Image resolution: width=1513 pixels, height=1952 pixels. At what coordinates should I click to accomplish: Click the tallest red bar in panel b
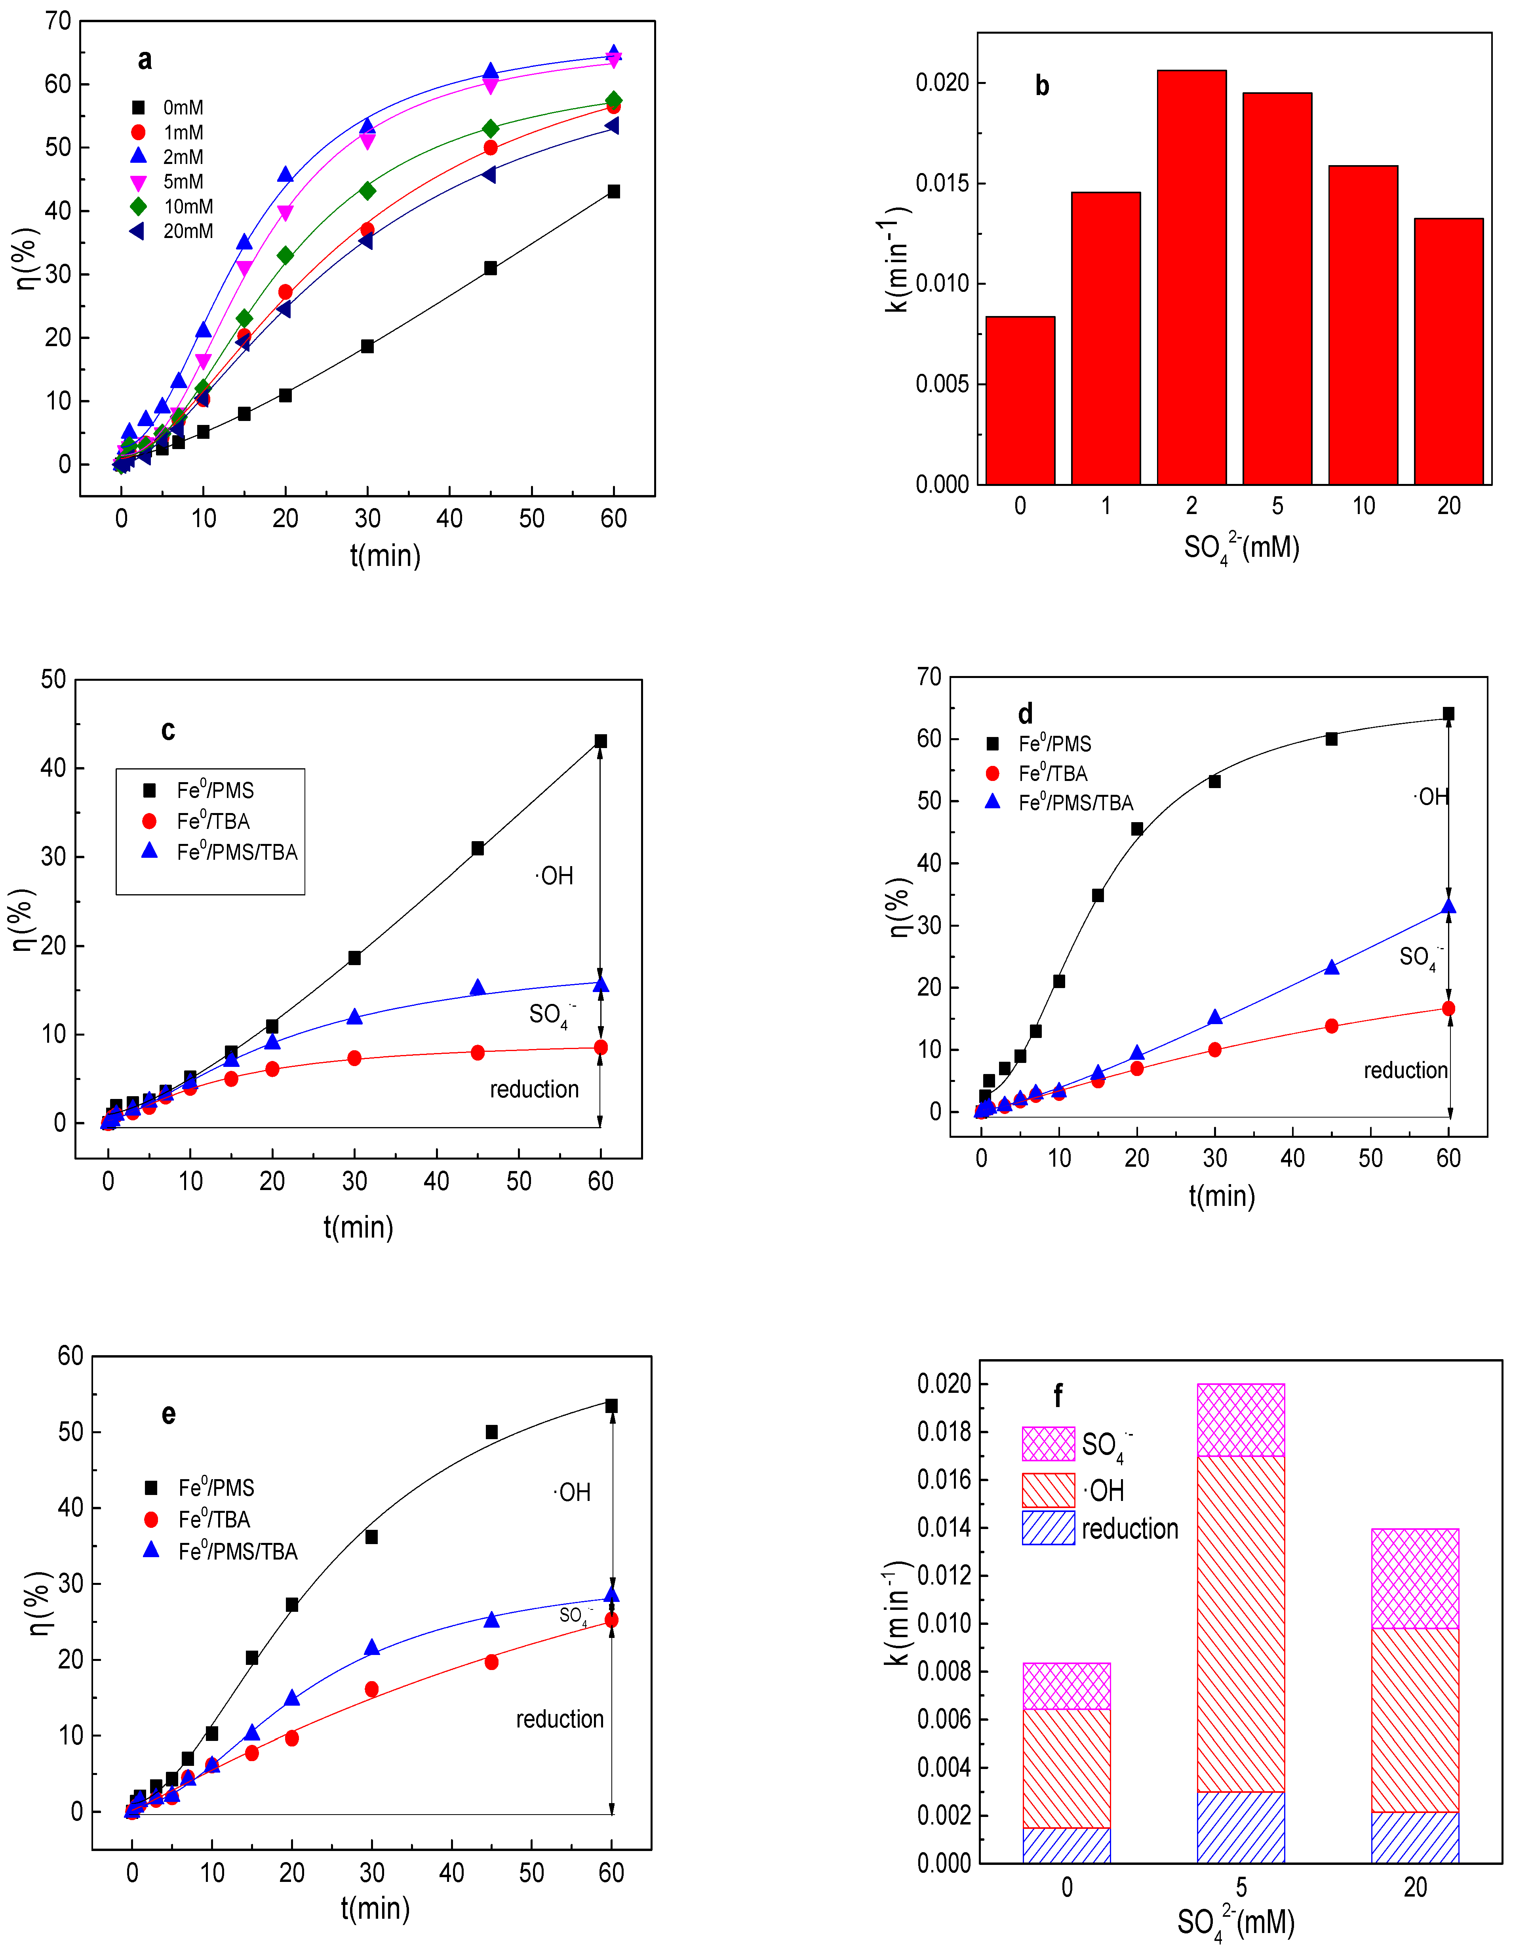(x=1191, y=277)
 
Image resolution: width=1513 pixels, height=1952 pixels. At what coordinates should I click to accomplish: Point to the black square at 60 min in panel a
(x=613, y=191)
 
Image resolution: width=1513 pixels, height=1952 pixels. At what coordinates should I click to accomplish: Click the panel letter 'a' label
(x=145, y=60)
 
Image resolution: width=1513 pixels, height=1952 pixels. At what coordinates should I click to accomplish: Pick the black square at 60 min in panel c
(x=601, y=741)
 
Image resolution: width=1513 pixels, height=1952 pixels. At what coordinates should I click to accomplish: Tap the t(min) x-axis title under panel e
(x=375, y=1908)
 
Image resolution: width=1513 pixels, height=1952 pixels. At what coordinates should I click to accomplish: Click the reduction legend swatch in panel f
(x=1048, y=1527)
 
